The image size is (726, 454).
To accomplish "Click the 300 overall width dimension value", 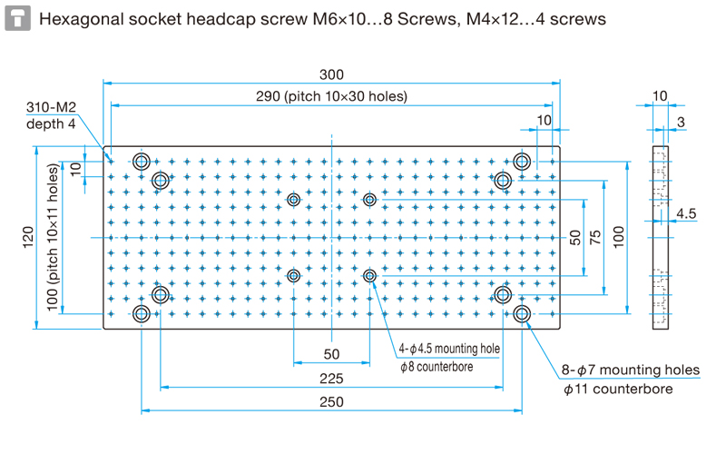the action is [x=331, y=74].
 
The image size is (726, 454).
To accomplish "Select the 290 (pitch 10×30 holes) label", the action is [x=331, y=96].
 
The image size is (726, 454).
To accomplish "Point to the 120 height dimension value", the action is [x=28, y=237].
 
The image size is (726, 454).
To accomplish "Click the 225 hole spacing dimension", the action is [x=331, y=379].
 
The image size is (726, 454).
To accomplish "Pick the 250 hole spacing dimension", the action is [x=331, y=401].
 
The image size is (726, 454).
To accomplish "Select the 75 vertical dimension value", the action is [x=595, y=237].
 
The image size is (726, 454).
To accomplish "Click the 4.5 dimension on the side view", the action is [x=686, y=213].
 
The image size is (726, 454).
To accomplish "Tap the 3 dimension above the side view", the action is [x=681, y=122].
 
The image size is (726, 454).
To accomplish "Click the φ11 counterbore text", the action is [x=618, y=390].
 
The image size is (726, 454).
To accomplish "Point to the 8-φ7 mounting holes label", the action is [x=631, y=370].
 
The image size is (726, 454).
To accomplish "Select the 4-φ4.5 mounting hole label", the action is [x=449, y=349].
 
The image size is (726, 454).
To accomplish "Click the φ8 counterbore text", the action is [x=437, y=367].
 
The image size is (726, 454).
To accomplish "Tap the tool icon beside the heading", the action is [x=17, y=18].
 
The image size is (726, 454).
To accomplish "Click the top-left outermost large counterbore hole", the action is [x=142, y=162].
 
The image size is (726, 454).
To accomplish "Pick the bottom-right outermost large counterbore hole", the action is [x=522, y=313].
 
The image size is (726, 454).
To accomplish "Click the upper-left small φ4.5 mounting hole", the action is [x=293, y=200].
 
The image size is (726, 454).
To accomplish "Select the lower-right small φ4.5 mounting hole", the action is [x=369, y=276].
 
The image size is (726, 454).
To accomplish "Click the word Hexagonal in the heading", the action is [x=81, y=19].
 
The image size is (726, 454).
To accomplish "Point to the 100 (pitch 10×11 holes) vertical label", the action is [x=53, y=237].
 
